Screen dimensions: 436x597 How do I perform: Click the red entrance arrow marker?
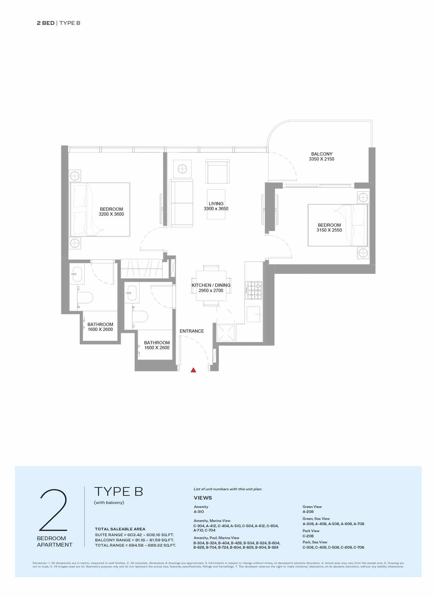click(x=193, y=370)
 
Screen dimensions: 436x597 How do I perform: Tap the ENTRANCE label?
click(x=192, y=331)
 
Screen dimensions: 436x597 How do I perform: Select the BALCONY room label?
click(x=322, y=154)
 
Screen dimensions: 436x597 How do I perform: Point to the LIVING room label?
click(x=216, y=204)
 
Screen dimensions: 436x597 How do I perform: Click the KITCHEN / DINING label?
click(x=211, y=285)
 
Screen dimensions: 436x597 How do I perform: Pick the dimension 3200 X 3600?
click(x=111, y=214)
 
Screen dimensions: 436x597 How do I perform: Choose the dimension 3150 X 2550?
click(x=329, y=230)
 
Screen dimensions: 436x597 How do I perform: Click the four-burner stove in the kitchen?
click(x=254, y=290)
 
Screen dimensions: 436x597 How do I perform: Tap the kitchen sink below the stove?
click(x=254, y=314)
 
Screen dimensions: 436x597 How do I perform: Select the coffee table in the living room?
click(x=216, y=204)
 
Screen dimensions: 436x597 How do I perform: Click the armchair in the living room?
click(x=217, y=172)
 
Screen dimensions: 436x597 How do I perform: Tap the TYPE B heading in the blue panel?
click(x=119, y=491)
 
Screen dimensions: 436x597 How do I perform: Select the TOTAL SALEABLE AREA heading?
click(x=120, y=529)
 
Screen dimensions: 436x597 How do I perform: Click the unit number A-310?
click(x=199, y=511)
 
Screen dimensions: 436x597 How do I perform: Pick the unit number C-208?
click(x=308, y=536)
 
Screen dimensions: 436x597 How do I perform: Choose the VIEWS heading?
click(x=203, y=498)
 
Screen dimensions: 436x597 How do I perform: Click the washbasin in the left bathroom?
click(x=77, y=274)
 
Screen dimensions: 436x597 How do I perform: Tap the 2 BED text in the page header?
click(x=45, y=23)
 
